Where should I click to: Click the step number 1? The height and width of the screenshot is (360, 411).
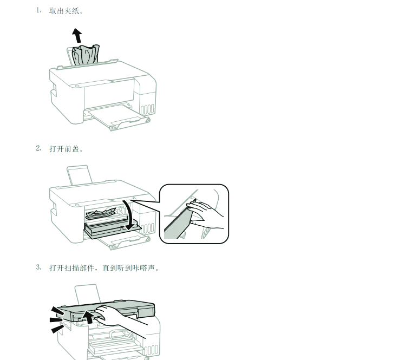[x=38, y=10]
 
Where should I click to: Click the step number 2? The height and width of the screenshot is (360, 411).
[x=38, y=148]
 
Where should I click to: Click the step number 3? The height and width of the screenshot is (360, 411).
[x=38, y=267]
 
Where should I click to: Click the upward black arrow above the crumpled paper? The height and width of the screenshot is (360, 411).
[x=77, y=36]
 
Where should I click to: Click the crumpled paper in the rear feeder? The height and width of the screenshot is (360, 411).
[x=86, y=56]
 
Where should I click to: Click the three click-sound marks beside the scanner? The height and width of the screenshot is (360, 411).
[x=56, y=319]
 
